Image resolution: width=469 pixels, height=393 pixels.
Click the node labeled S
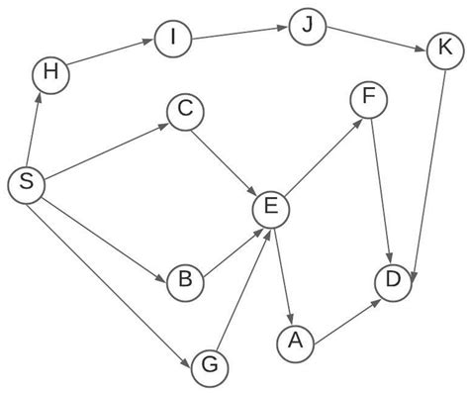[x=26, y=184]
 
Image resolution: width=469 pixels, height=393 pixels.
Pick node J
[x=307, y=24]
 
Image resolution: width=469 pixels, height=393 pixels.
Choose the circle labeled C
[x=184, y=112]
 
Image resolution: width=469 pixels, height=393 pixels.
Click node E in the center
[x=271, y=208]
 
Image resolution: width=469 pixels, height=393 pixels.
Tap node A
[x=293, y=342]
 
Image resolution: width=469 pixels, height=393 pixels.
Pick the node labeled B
[x=185, y=281]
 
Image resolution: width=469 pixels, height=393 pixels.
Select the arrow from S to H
[x=37, y=130]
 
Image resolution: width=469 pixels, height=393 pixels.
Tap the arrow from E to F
[x=320, y=154]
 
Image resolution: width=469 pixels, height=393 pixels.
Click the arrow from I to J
[x=239, y=33]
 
